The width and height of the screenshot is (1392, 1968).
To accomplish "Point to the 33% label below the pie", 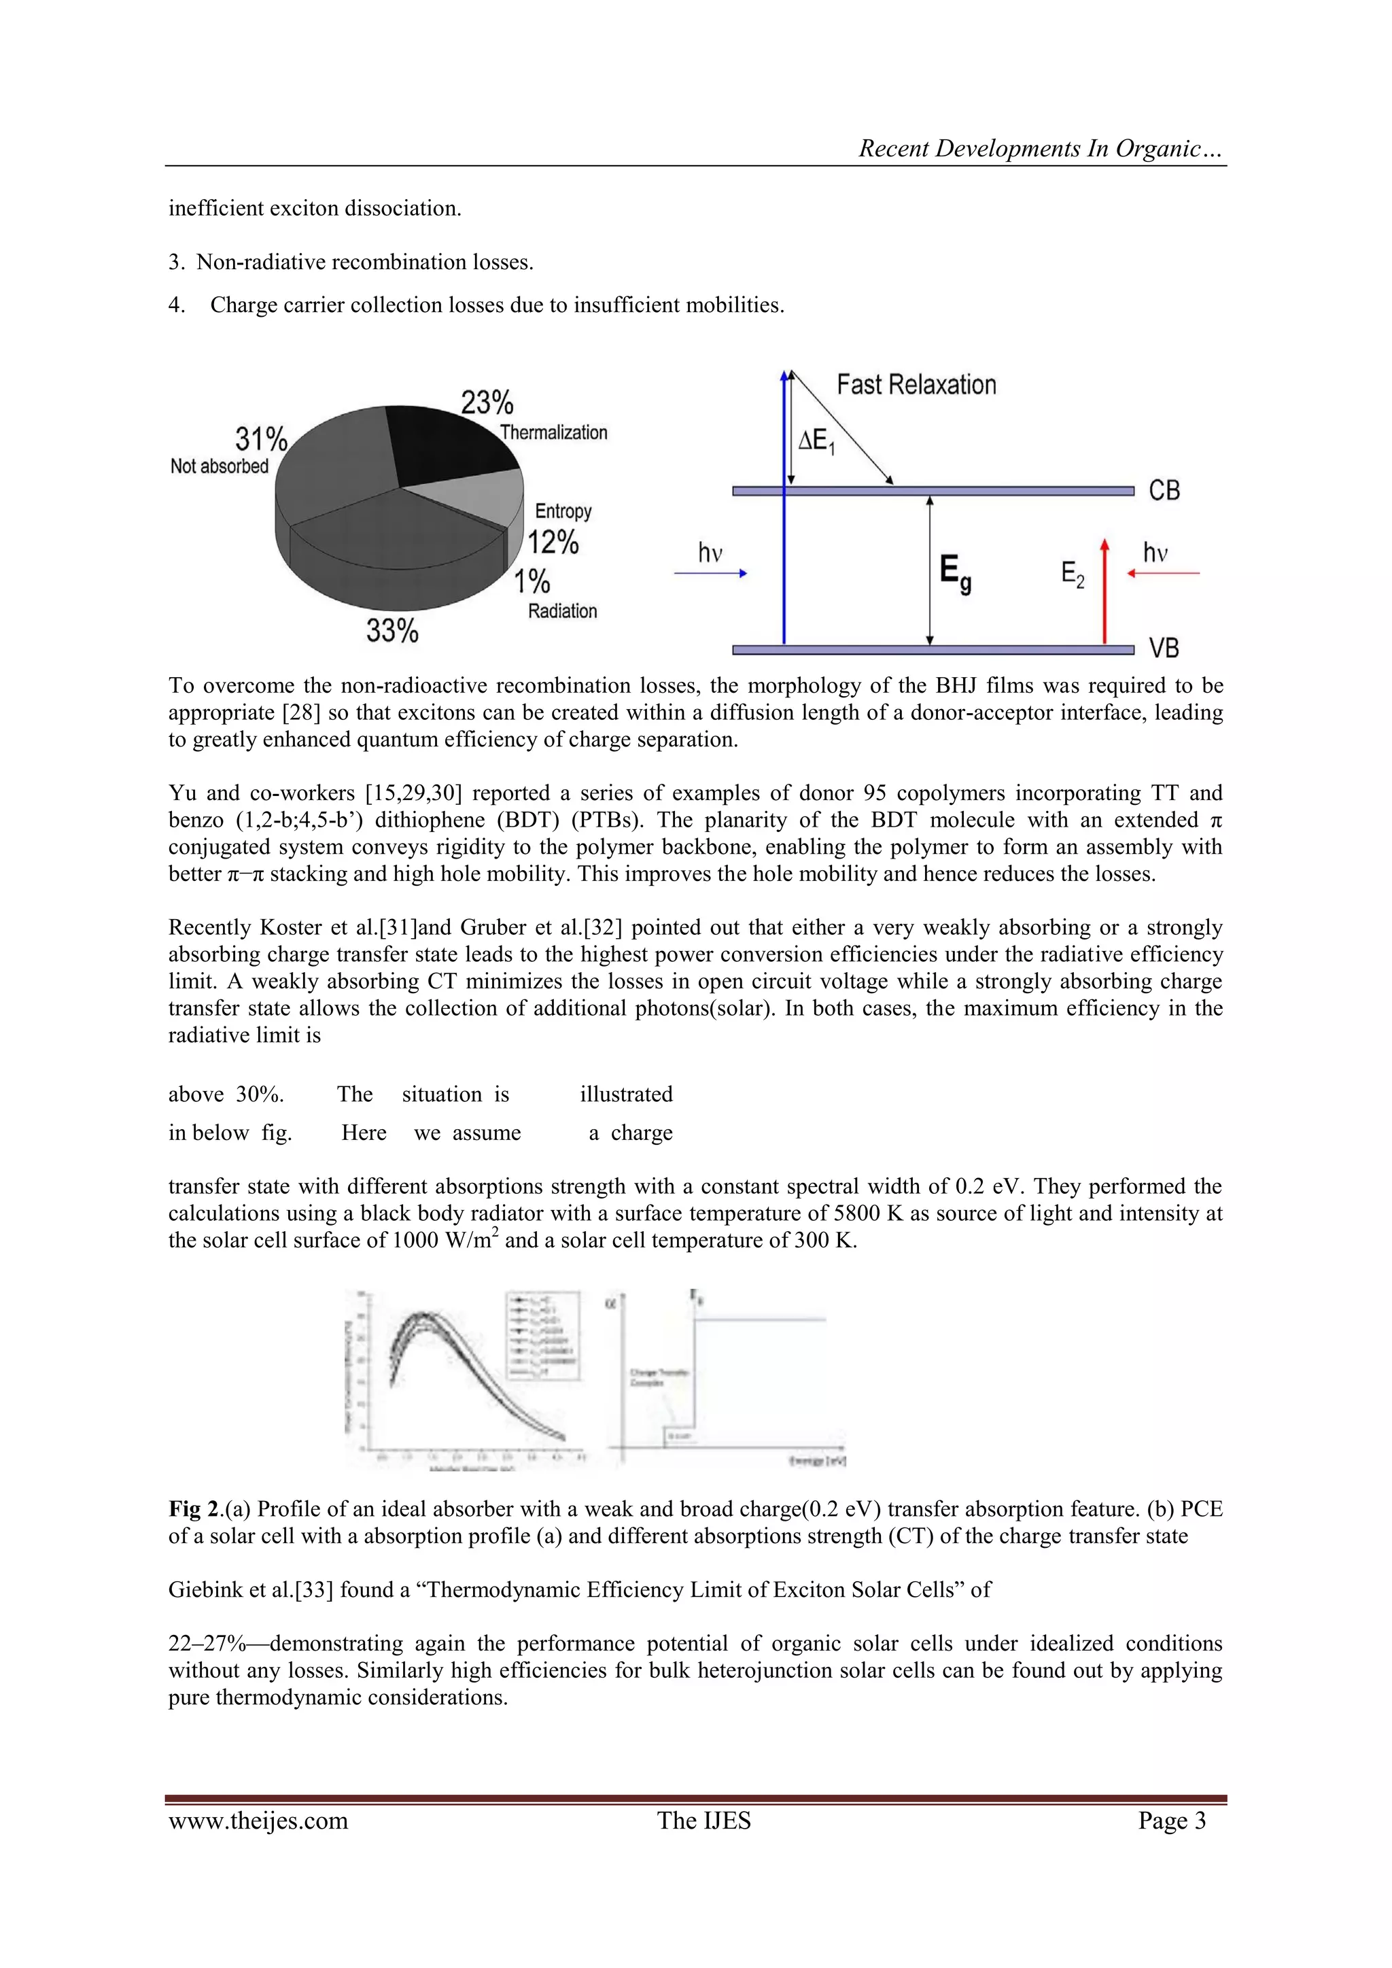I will pyautogui.click(x=391, y=631).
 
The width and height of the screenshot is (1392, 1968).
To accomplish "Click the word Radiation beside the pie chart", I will pyautogui.click(x=562, y=611).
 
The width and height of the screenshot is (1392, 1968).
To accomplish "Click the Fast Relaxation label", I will pyautogui.click(x=916, y=385).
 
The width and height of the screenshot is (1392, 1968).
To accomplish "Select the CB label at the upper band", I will pyautogui.click(x=1164, y=490).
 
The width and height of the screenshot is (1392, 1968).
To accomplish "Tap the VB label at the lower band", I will pyautogui.click(x=1164, y=648).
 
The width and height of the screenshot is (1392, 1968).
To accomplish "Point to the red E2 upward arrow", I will pyautogui.click(x=1105, y=591).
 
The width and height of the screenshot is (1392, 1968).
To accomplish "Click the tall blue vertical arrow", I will pyautogui.click(x=784, y=515).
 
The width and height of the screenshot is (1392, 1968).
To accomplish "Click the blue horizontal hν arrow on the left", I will pyautogui.click(x=710, y=574).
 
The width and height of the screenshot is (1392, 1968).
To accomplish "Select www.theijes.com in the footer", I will pyautogui.click(x=258, y=1821).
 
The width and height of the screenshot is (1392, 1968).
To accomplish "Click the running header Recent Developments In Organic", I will pyautogui.click(x=1041, y=148).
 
